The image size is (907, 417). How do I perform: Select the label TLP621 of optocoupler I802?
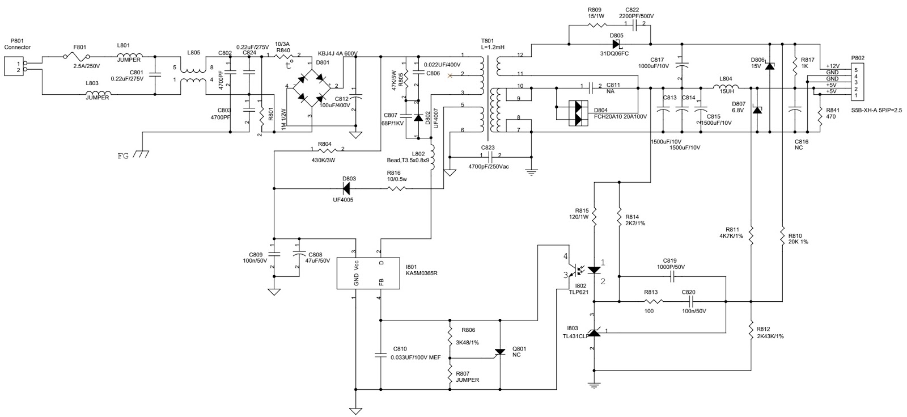coord(580,292)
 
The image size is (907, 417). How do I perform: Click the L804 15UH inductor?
coord(726,87)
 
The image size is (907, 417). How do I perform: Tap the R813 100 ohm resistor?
coord(650,302)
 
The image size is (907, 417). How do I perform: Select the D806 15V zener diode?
coord(769,66)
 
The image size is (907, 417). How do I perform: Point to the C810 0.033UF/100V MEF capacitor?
coord(380,356)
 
